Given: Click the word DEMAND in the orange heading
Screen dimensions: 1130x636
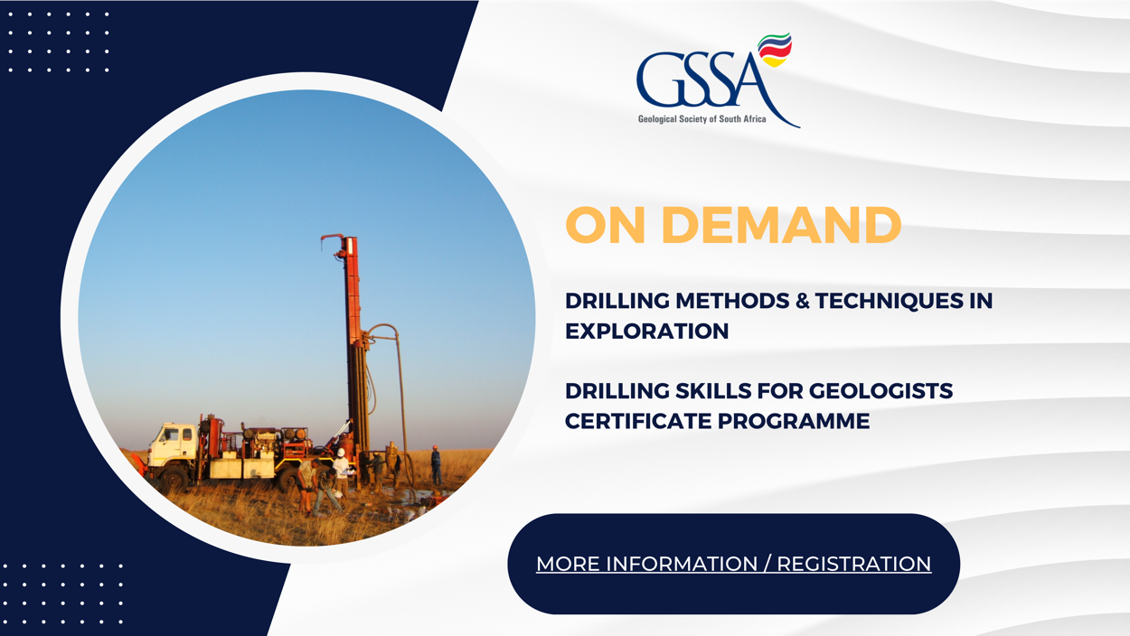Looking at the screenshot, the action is [781, 225].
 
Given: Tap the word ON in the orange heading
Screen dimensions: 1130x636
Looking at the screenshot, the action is [606, 225].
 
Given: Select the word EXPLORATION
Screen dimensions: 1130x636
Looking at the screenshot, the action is [646, 332].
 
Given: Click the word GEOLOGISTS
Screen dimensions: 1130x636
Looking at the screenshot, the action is [880, 391].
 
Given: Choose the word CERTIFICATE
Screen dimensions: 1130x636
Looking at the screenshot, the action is [637, 421].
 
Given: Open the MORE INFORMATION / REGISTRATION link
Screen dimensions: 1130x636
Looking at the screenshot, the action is [733, 564].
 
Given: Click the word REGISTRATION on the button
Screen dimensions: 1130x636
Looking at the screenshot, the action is [853, 564].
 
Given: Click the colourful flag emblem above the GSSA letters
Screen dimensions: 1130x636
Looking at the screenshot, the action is [775, 50].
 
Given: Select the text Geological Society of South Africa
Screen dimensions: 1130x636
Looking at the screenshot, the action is [702, 119].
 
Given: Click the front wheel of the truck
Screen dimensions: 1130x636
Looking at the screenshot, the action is [174, 479].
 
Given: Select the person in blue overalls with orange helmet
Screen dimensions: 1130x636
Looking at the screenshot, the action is [436, 465].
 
